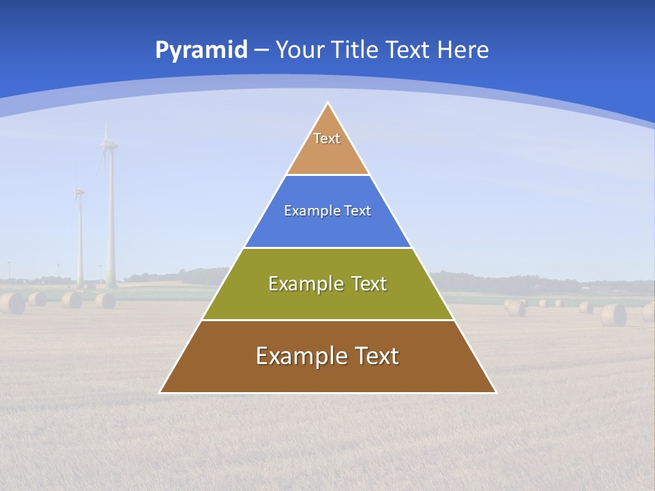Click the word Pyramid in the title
coord(201,50)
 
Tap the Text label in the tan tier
coord(327,138)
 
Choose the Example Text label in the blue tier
coord(327,211)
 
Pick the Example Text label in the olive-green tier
coord(327,284)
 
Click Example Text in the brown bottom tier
coord(327,356)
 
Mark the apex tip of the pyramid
coord(328,104)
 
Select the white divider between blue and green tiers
coord(327,248)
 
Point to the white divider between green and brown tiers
coord(327,320)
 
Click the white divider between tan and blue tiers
coord(327,175)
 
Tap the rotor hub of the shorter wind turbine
coord(78,192)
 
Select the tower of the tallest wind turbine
coord(111,225)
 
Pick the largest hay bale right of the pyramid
coord(613,314)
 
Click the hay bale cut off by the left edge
coord(12,303)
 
